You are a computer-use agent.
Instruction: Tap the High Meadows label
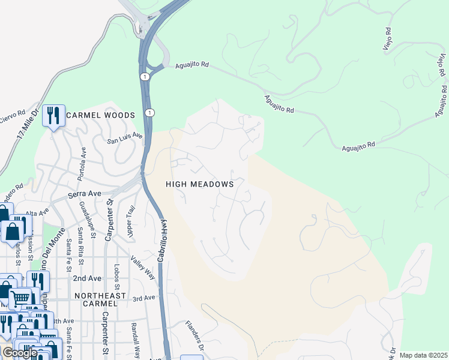point(200,184)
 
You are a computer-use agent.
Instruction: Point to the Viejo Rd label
point(388,37)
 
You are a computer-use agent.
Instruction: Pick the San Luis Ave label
point(125,139)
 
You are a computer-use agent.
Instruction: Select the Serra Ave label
point(84,194)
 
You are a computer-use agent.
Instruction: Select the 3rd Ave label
point(144,298)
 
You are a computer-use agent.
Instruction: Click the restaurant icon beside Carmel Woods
point(53,115)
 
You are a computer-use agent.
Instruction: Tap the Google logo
point(20,352)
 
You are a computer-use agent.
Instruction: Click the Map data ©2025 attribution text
point(423,355)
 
